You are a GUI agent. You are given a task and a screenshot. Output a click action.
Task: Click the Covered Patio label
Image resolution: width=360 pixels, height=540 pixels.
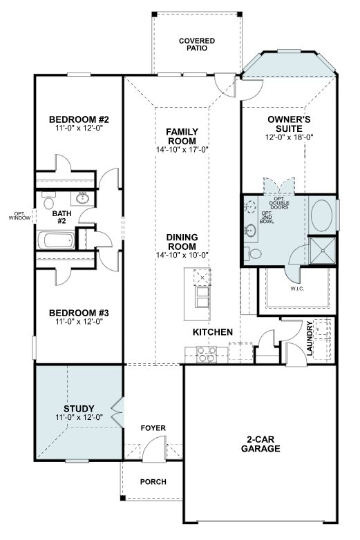point(197,44)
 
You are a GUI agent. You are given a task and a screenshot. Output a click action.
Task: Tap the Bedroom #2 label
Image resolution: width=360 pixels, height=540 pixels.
point(79,119)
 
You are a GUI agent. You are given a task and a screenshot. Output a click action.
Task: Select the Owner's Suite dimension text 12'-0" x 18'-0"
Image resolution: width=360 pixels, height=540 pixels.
point(289,137)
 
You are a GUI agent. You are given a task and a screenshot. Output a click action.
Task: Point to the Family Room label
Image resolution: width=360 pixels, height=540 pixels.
point(182,136)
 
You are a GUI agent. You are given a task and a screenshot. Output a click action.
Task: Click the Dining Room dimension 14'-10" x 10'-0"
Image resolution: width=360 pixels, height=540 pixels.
point(182,255)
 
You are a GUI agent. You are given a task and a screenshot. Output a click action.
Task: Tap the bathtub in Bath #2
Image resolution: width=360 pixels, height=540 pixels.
point(56,240)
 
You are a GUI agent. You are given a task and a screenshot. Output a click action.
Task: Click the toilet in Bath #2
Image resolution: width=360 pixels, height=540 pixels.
point(48,200)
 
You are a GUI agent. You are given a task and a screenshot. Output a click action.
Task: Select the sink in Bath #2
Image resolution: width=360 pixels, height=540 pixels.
point(82,198)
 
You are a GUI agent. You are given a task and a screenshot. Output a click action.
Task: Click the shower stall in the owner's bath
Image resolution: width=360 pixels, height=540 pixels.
point(323,251)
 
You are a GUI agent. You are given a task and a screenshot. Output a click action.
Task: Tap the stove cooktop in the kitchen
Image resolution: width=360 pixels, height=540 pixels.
point(207,354)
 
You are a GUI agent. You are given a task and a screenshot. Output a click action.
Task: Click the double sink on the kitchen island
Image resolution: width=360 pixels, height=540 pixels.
point(202,297)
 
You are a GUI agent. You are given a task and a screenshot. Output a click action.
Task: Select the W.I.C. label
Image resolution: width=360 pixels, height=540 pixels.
point(297,289)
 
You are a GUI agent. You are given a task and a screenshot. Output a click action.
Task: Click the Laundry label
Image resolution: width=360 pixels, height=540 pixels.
point(310,338)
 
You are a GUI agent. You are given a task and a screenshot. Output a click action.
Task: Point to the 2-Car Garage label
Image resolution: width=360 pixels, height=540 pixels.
point(260,444)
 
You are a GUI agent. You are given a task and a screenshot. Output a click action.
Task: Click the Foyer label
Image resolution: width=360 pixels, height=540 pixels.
point(153,427)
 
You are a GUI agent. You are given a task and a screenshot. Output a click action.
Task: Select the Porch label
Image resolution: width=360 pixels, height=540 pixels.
point(153,481)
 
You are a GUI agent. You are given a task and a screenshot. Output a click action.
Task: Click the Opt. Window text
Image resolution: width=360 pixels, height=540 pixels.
point(19,215)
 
